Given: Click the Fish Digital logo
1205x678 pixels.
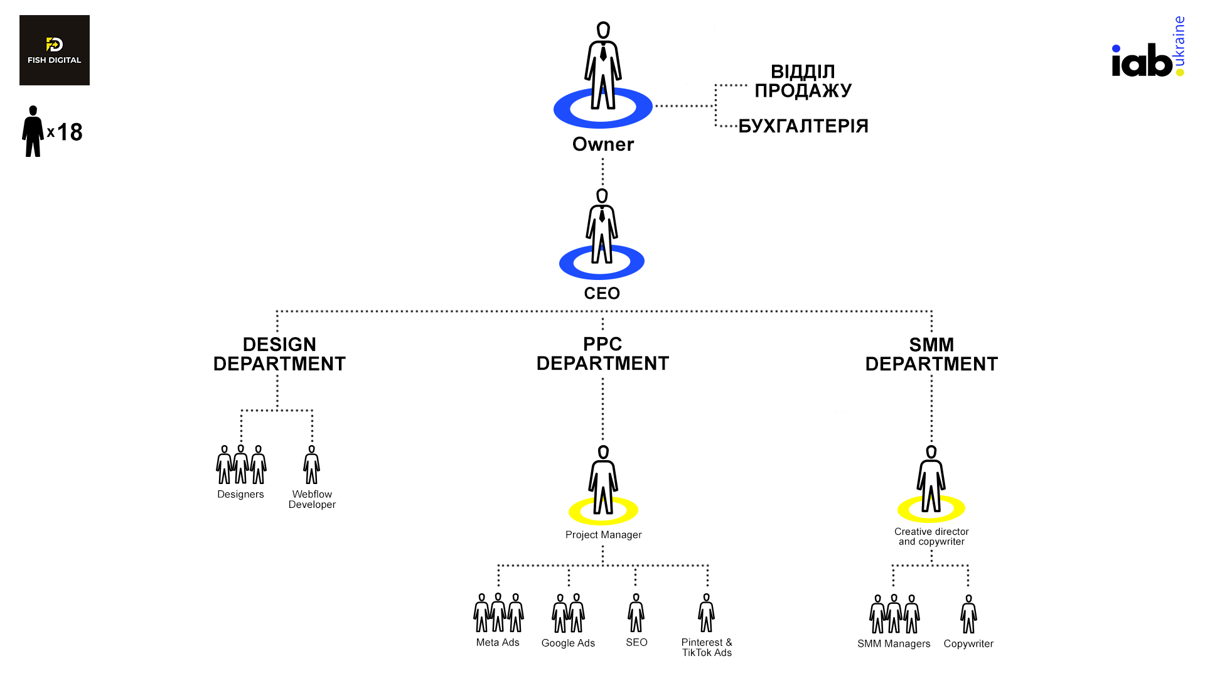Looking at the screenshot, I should click(x=55, y=50).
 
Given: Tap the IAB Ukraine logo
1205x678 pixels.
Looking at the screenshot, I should click(x=1147, y=53).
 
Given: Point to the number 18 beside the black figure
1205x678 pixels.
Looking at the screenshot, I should click(x=70, y=132).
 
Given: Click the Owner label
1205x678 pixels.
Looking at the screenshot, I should click(x=603, y=144).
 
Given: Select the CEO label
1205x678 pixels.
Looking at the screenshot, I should click(x=602, y=293).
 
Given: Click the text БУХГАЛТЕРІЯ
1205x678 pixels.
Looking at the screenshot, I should click(x=803, y=126).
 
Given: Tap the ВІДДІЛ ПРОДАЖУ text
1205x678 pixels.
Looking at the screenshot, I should click(x=803, y=81).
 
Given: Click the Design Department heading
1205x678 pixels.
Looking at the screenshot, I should click(x=279, y=354).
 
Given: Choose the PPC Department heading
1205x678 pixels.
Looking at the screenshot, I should click(x=602, y=353).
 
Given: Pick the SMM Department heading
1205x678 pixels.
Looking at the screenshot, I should click(x=931, y=354).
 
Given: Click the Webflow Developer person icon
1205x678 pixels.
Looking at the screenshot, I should click(x=312, y=466).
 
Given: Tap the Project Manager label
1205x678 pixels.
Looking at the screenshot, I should click(x=603, y=535).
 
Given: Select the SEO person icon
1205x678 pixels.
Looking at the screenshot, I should click(x=636, y=613).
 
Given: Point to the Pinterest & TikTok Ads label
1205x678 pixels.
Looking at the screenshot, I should click(x=707, y=647).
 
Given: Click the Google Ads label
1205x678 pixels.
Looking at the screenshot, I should click(x=568, y=643).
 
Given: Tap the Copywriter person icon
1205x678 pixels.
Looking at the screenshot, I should click(x=968, y=615).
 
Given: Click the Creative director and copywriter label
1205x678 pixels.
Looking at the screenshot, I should click(x=931, y=537).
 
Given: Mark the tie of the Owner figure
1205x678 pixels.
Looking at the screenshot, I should click(x=603, y=53).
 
